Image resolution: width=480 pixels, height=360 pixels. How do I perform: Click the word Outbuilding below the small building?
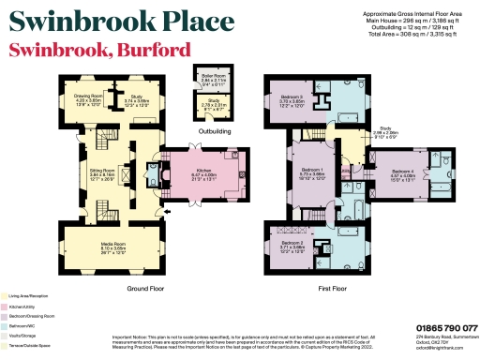(215, 130)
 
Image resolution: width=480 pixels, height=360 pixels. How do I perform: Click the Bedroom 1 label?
(310, 173)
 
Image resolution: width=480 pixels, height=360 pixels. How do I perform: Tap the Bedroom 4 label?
(402, 172)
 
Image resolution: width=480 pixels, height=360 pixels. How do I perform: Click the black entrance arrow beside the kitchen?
(167, 214)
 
